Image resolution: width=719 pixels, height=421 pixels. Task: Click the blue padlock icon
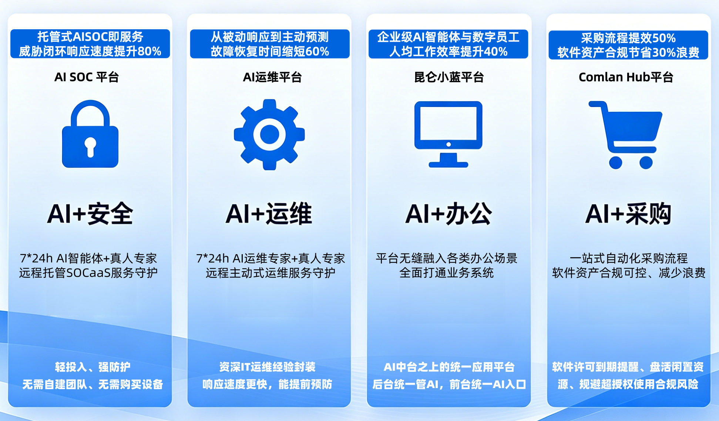90,134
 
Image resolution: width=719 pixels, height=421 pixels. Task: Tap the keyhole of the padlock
90,147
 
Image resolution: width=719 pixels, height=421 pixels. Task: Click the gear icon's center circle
269,134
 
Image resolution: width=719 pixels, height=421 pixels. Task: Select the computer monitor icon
448,134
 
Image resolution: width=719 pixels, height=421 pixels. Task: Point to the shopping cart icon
625,135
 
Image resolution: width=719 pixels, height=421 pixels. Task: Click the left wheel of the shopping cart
615,162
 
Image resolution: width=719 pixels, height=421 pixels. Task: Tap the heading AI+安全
90,214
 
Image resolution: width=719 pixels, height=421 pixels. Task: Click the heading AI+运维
269,214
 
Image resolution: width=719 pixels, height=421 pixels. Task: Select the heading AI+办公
448,214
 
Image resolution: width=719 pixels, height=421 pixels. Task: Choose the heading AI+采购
628,214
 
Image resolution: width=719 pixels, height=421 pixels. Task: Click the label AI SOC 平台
87,77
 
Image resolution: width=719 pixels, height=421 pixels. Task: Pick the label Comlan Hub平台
626,77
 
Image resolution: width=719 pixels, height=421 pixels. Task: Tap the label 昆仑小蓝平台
449,77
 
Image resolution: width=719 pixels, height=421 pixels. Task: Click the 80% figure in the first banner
149,51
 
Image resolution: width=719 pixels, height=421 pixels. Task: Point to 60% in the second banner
317,51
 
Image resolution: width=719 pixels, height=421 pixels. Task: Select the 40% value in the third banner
495,51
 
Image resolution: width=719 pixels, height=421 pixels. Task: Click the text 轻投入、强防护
93,367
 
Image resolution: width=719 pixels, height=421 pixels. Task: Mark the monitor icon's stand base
448,164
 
